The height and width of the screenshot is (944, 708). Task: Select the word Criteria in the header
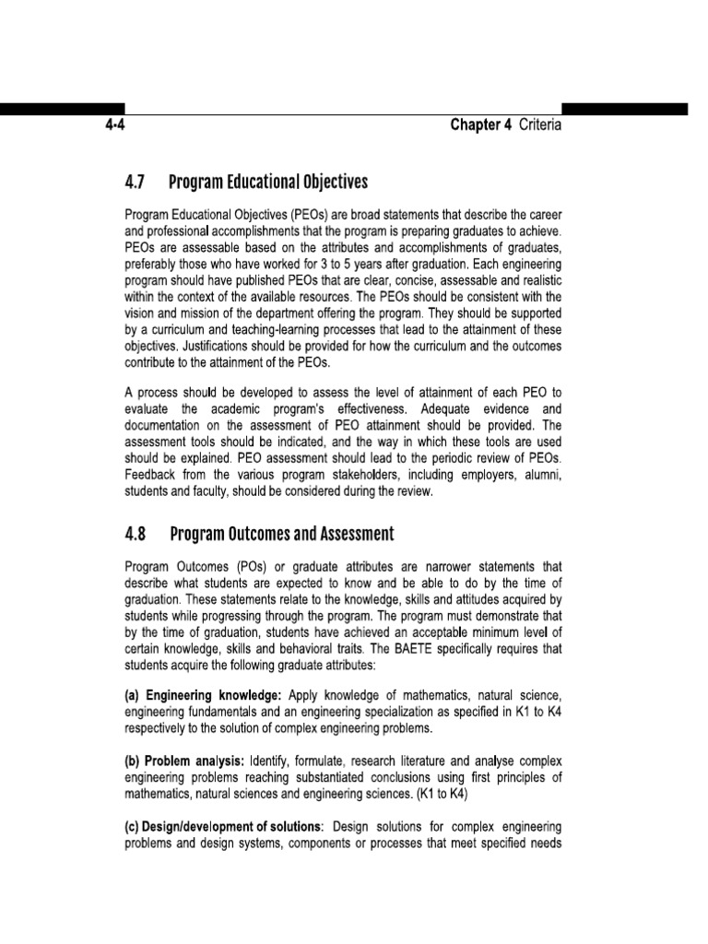pos(538,126)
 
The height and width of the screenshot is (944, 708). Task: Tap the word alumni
pos(539,474)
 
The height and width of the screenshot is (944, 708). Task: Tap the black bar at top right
pos(624,109)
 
